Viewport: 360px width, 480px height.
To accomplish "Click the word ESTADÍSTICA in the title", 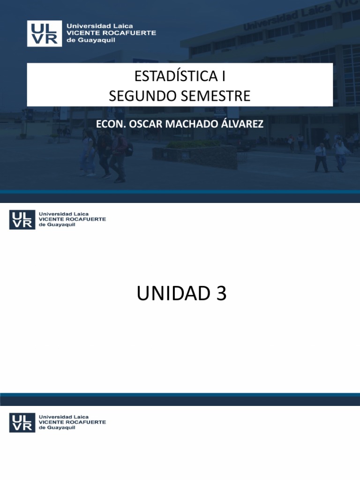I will [x=171, y=76].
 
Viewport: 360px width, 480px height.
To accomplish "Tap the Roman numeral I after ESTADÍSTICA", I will [x=217, y=76].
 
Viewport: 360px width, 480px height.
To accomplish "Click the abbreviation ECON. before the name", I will [x=108, y=124].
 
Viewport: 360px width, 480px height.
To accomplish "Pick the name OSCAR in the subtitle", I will [x=142, y=124].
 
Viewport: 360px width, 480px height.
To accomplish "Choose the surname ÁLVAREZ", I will [x=240, y=124].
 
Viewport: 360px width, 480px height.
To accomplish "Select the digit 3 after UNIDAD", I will [x=221, y=294].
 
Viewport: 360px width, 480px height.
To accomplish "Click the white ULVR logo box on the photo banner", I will [x=45, y=33].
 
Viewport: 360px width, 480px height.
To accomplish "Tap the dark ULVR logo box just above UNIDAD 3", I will [x=22, y=219].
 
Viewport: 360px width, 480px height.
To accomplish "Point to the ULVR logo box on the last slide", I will [x=22, y=422].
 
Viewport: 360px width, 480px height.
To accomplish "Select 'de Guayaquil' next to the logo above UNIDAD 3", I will [x=57, y=225].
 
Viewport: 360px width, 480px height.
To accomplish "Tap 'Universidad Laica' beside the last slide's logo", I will [x=63, y=417].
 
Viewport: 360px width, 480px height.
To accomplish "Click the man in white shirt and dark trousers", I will [x=321, y=157].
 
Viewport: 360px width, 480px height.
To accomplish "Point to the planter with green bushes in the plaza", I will [x=195, y=152].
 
